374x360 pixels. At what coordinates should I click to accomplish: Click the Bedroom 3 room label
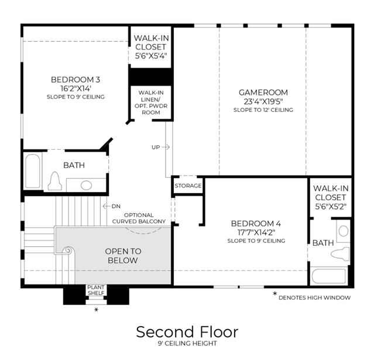click(76, 80)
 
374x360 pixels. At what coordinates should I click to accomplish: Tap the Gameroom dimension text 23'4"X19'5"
click(263, 102)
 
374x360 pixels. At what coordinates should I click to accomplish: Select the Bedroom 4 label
click(256, 224)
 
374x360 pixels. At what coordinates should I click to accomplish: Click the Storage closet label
click(188, 186)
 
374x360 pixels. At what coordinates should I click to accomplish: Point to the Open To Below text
click(123, 256)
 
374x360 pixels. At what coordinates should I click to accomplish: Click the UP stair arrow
click(166, 147)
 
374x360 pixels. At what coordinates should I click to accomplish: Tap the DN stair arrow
click(107, 206)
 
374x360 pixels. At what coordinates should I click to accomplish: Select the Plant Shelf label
click(96, 290)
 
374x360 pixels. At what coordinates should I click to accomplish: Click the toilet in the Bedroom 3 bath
click(55, 181)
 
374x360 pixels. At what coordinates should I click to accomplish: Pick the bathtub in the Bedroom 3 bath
click(33, 172)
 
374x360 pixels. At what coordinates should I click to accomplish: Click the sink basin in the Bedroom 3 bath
click(86, 186)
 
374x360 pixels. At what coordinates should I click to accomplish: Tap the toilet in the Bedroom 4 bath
click(340, 254)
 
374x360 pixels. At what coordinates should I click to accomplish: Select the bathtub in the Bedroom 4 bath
click(329, 276)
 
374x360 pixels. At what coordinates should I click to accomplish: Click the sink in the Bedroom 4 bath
click(344, 231)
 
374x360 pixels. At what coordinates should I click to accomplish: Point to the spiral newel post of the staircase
click(68, 251)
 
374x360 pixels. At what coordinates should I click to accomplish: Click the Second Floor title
click(187, 332)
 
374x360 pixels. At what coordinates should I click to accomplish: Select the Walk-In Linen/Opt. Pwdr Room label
click(151, 102)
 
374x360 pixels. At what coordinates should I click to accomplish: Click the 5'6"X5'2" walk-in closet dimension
click(331, 207)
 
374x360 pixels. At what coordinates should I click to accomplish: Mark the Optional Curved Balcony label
click(139, 218)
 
